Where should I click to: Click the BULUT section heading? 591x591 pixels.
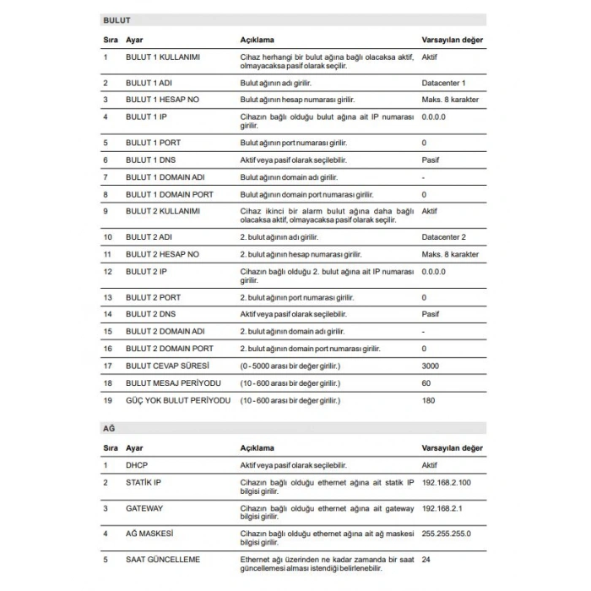coord(117,19)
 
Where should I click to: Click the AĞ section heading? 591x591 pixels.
coord(109,429)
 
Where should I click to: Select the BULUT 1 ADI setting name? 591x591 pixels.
coord(149,83)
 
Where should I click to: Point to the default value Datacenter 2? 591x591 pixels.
coord(443,237)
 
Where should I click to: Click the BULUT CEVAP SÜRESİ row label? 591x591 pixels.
coord(167,366)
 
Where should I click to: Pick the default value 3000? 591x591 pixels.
coord(431,366)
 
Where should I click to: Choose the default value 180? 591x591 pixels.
coord(428,400)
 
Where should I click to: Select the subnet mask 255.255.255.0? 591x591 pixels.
coord(446,534)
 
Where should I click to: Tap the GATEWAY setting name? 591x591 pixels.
coord(144,508)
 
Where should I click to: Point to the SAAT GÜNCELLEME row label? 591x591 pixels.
coord(164,559)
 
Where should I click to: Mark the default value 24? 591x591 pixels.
coord(426,559)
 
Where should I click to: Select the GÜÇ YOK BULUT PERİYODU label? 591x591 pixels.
coord(177,400)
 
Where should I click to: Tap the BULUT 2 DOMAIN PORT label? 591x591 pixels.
coord(170,348)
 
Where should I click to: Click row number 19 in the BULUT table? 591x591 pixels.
coord(107,400)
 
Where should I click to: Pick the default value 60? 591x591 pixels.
coord(426,382)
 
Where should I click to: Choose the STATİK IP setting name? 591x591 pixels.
coord(144,482)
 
